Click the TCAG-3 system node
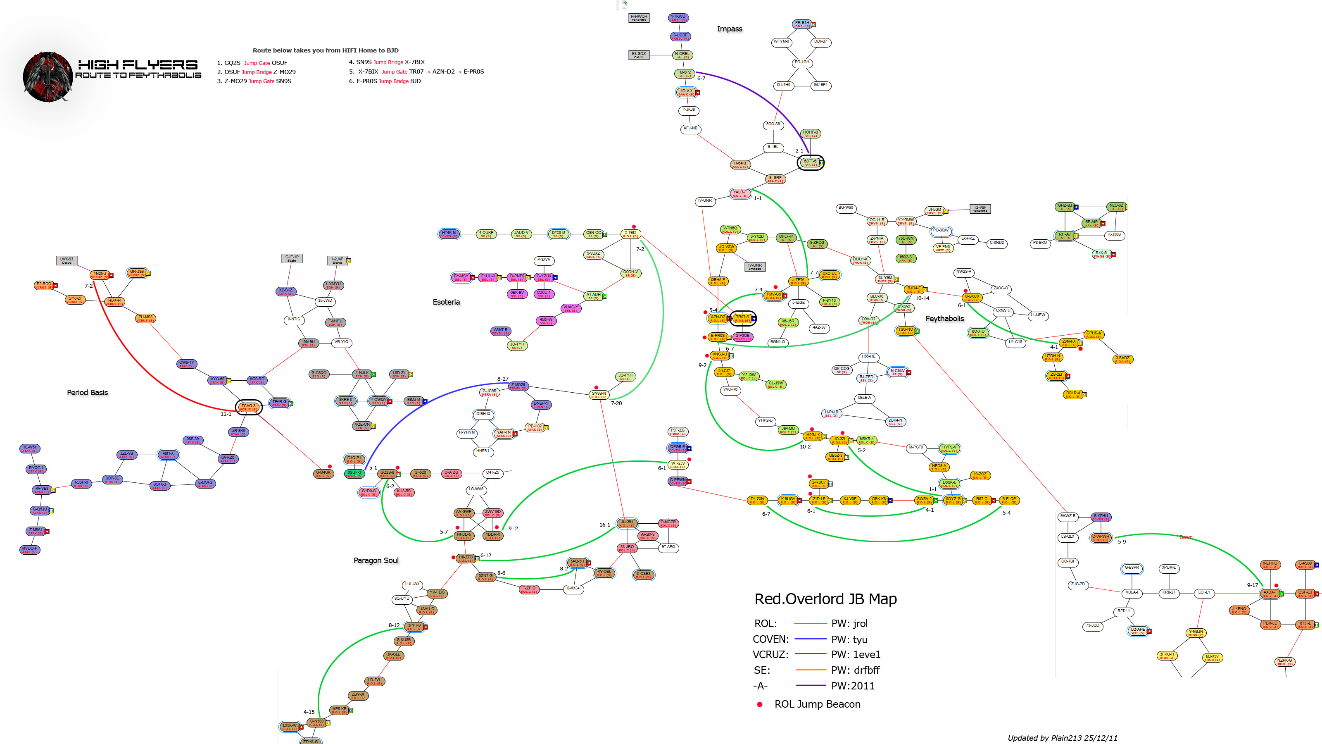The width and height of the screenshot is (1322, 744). [x=248, y=407]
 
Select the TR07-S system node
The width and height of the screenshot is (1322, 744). [x=743, y=318]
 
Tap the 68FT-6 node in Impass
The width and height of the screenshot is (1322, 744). [x=810, y=163]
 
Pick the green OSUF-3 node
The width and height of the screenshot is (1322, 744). [x=354, y=473]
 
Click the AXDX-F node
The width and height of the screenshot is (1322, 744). [x=1270, y=594]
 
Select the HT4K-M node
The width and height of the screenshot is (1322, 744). [x=449, y=234]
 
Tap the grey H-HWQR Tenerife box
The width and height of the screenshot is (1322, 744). [x=639, y=17]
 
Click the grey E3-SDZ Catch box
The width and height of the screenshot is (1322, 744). [x=639, y=55]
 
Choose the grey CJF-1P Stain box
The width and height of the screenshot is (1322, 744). [x=292, y=258]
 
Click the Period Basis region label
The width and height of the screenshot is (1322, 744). [x=87, y=393]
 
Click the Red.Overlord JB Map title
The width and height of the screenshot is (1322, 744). [x=825, y=599]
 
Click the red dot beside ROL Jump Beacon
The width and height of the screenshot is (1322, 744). [x=760, y=704]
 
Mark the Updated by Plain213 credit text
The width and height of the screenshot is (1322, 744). [x=1062, y=738]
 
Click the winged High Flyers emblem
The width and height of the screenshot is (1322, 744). [x=48, y=77]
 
